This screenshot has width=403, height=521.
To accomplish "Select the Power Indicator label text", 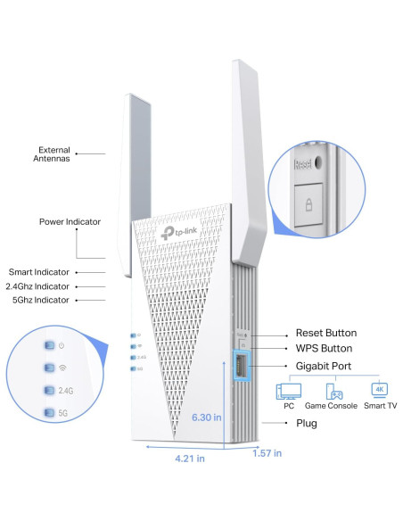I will point(70,221).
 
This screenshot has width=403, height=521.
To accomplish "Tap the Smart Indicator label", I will point(45,271).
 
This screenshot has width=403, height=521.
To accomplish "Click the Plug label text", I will point(306,423).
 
